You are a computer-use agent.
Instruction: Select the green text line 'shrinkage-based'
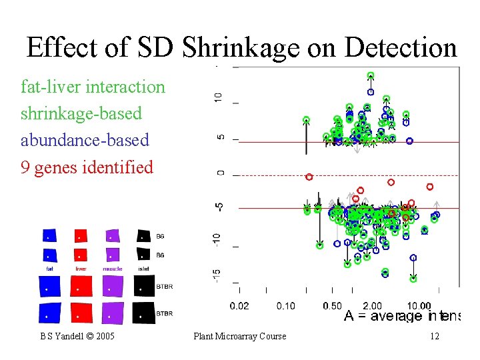click(x=81, y=113)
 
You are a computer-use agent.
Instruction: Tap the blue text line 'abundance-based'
click(x=85, y=140)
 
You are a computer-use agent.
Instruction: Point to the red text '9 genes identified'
click(x=87, y=167)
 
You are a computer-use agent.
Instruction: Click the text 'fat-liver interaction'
click(x=93, y=87)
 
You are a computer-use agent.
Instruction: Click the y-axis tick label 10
click(x=218, y=98)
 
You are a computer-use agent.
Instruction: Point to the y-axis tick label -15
click(x=218, y=273)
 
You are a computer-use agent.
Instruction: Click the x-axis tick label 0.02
click(x=240, y=305)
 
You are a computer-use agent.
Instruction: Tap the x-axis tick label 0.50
click(x=331, y=305)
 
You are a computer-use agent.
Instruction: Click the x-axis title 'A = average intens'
click(x=401, y=317)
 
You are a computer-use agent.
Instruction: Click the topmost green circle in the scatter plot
click(x=370, y=75)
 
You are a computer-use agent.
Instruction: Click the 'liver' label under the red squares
click(x=80, y=269)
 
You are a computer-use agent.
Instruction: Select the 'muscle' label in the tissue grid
click(x=112, y=269)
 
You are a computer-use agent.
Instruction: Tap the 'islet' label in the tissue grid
click(x=143, y=269)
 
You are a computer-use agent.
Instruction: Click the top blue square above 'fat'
click(x=49, y=235)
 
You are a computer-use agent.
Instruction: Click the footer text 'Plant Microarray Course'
click(x=239, y=336)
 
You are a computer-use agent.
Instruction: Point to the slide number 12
click(x=434, y=336)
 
